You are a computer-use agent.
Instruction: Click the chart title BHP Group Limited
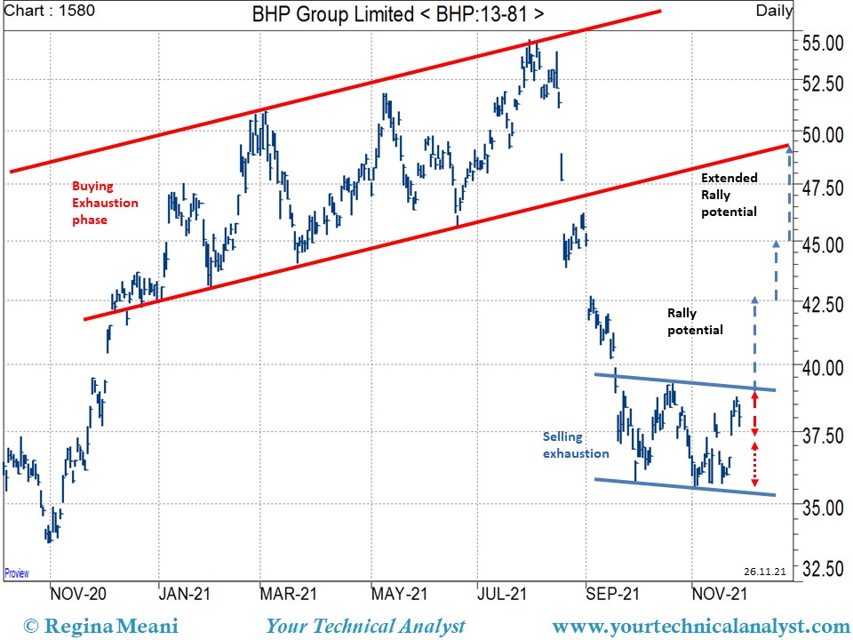[x=398, y=14]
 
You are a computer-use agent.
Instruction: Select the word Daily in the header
[x=775, y=12]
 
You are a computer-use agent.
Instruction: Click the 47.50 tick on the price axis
[x=823, y=188]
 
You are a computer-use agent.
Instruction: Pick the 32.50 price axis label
[x=823, y=568]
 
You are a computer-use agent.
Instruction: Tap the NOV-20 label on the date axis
[x=79, y=593]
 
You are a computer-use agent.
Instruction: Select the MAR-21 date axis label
[x=290, y=593]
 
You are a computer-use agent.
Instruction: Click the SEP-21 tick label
[x=612, y=593]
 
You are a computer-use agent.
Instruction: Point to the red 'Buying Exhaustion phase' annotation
[x=105, y=203]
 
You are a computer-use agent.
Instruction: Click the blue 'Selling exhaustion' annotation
[x=576, y=444]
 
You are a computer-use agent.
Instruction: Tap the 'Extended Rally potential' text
[x=729, y=195]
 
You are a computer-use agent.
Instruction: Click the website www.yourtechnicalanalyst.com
[x=700, y=627]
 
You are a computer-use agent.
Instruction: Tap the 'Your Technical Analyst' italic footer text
[x=365, y=627]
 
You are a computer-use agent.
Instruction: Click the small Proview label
[x=17, y=573]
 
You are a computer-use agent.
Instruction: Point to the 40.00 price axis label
[x=823, y=366]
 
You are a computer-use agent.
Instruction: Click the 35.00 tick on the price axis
[x=823, y=508]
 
